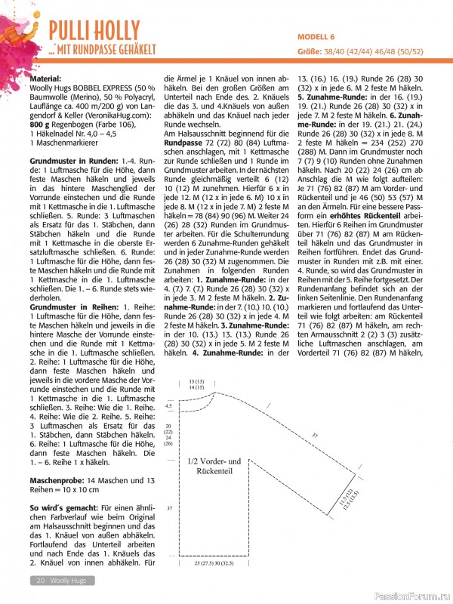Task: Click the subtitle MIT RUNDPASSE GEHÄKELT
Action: point(105,50)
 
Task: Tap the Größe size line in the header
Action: point(363,51)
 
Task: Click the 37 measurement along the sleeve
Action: point(314,436)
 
